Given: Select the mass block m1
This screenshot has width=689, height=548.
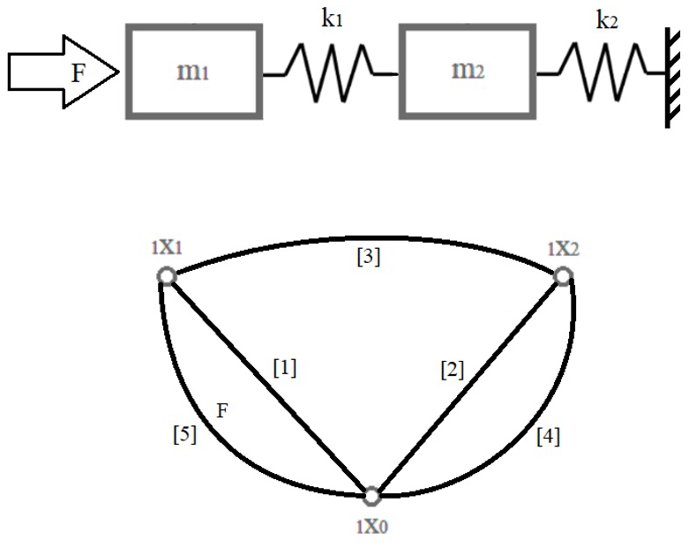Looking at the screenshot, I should coord(194,70).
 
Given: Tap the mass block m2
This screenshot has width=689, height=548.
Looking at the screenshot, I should coord(465,70).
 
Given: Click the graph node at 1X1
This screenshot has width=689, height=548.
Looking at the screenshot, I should coord(165,277).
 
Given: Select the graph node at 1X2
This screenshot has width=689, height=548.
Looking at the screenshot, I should coord(563,277).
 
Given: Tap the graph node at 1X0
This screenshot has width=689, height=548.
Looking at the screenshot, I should coord(372,495).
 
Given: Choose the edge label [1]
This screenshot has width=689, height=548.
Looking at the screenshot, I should coord(283,368).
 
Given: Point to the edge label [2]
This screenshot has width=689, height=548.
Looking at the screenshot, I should coord(452,371).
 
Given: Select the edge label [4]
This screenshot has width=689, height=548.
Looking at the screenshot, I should coord(547,435).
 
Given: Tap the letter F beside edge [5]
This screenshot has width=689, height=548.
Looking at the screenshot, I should coord(221,410).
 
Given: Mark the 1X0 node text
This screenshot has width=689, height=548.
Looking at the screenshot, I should coord(371,526).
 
